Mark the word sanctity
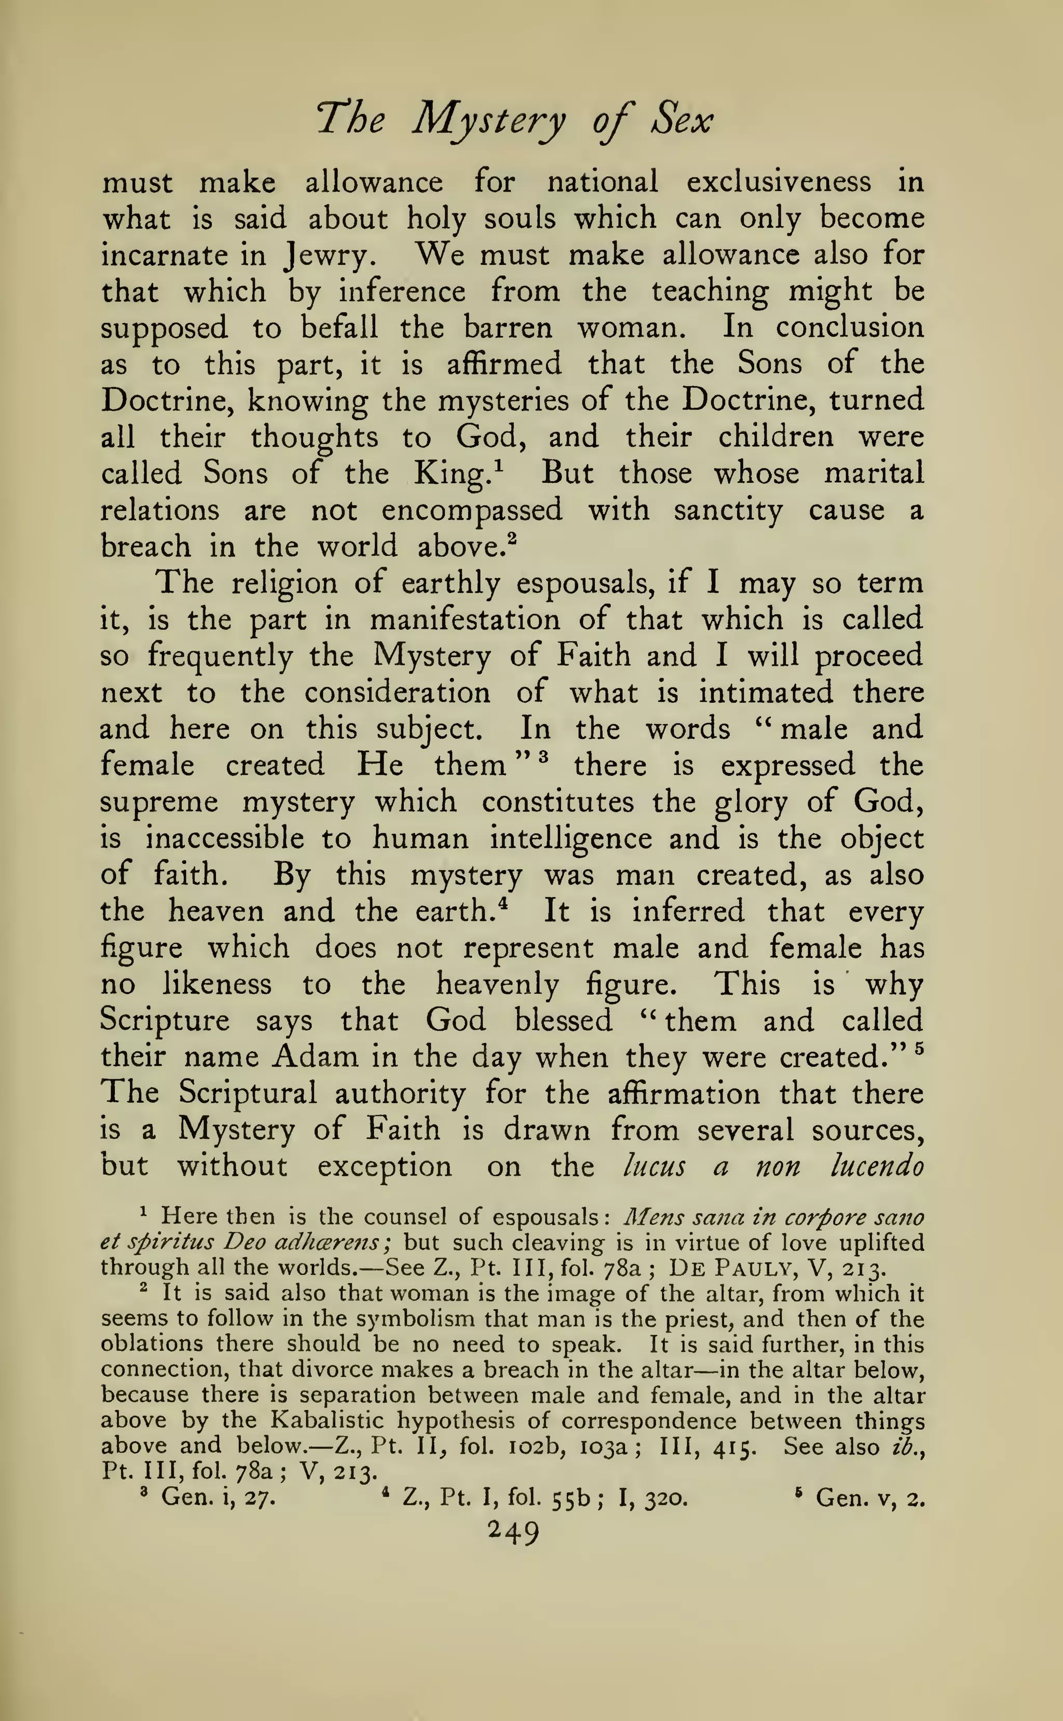point(728,510)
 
